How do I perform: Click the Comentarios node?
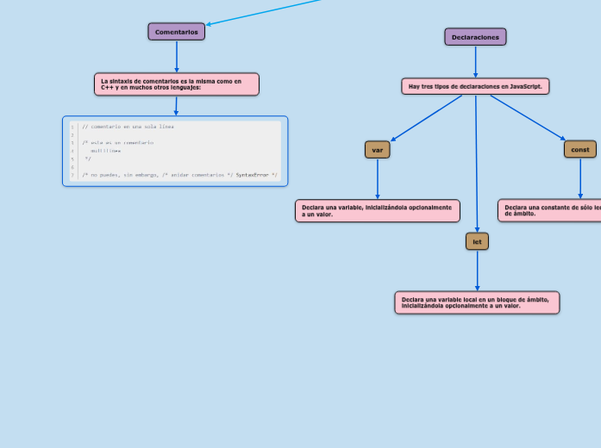click(176, 32)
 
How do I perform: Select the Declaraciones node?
click(475, 37)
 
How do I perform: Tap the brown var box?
click(377, 150)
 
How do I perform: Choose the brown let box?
click(477, 242)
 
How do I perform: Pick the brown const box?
click(580, 150)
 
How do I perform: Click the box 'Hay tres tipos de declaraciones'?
click(475, 86)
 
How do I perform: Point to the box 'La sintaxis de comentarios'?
click(176, 84)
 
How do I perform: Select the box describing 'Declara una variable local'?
click(477, 302)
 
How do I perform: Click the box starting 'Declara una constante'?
click(550, 210)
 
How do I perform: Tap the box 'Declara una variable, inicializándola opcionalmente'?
click(377, 210)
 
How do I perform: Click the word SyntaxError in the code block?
click(252, 175)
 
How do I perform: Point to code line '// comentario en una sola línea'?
click(128, 127)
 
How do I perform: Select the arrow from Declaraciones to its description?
click(475, 62)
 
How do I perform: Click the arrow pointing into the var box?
click(426, 118)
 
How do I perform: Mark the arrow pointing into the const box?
click(528, 118)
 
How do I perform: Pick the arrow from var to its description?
click(377, 179)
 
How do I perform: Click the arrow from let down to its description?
click(477, 271)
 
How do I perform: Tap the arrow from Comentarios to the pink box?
click(176, 57)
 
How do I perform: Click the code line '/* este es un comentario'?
click(118, 142)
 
